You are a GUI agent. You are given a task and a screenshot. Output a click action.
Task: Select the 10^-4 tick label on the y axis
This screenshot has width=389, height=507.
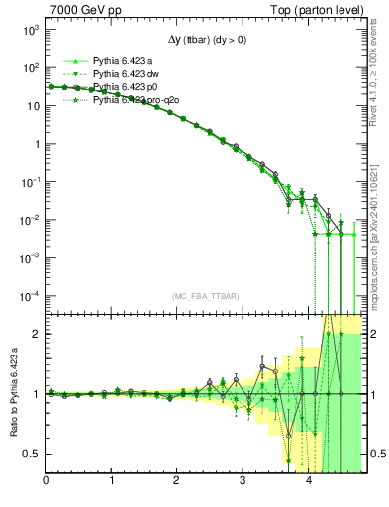30,295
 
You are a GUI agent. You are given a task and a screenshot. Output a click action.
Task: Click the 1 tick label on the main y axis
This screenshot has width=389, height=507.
36,144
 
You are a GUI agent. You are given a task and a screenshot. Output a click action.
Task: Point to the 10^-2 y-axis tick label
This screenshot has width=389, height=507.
30,219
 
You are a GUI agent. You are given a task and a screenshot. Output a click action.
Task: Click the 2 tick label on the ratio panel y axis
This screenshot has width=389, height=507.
35,334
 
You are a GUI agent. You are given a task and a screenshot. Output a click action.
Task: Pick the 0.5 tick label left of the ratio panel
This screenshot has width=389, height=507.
31,454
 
